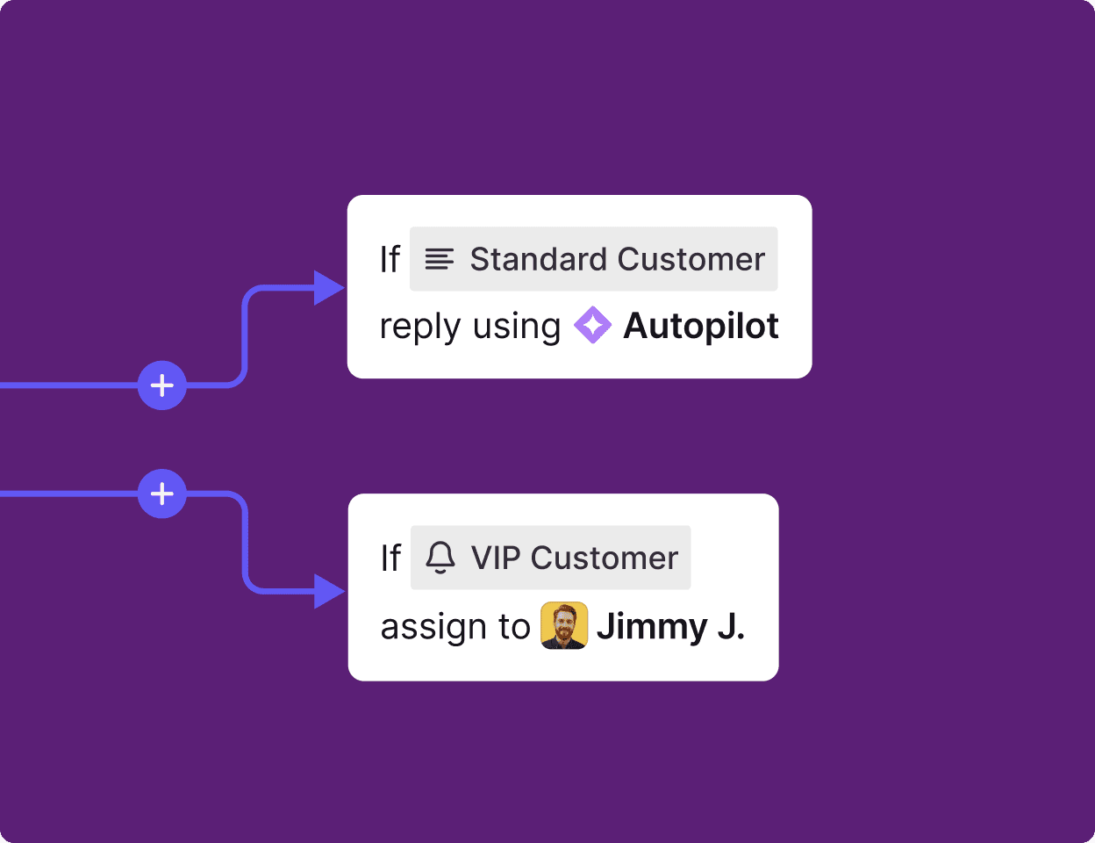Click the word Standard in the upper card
coord(538,260)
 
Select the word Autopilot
coord(700,327)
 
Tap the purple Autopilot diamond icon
coord(592,326)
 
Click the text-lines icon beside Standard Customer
coord(440,260)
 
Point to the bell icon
coord(440,558)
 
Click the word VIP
coord(496,558)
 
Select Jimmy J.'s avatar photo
coord(564,626)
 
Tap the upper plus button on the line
coord(162,385)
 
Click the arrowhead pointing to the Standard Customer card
coord(329,287)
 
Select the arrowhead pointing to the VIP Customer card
coord(329,591)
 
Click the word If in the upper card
coord(390,260)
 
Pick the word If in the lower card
coord(390,558)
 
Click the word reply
coord(420,328)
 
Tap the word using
coord(516,328)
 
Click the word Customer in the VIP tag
coord(605,558)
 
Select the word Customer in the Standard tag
coord(691,260)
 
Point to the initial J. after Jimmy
coord(731,627)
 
